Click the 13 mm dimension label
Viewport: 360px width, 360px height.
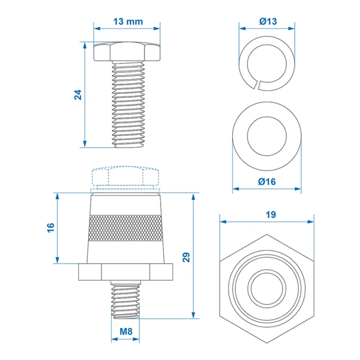(x=127, y=22)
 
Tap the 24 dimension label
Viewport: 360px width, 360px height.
(x=78, y=95)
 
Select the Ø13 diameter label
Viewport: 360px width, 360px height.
(x=267, y=22)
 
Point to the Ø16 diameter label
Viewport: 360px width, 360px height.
(x=267, y=181)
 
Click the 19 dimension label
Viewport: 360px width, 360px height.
(x=267, y=214)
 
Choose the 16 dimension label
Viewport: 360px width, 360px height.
(x=50, y=228)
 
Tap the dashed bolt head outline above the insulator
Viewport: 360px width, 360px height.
(x=127, y=177)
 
